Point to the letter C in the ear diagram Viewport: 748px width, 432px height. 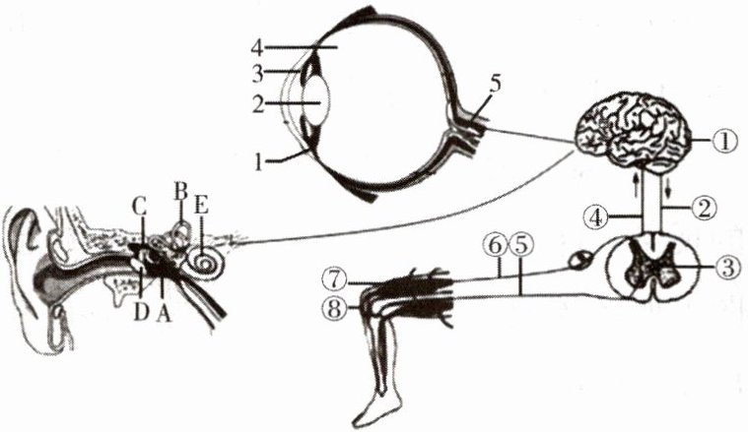pyautogui.click(x=140, y=208)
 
